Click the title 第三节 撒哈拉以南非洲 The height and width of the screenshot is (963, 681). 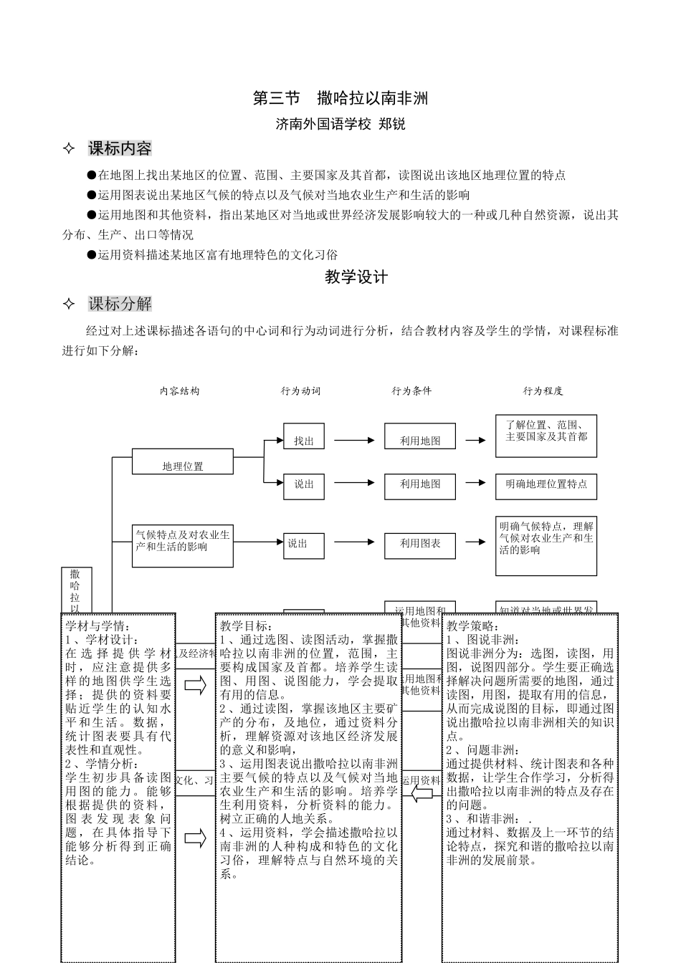click(340, 99)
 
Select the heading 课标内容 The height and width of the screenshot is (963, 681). click(120, 149)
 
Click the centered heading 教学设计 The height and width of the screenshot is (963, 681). click(356, 277)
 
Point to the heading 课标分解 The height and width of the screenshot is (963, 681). click(120, 304)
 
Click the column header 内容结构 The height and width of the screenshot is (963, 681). click(179, 391)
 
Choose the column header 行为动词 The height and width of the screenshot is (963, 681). click(300, 391)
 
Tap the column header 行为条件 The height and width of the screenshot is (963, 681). click(411, 391)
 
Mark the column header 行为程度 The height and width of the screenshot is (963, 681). click(543, 391)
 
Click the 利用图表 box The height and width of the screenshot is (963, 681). click(420, 544)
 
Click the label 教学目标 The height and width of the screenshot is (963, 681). click(245, 626)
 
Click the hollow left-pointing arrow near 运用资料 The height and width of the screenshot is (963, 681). click(422, 795)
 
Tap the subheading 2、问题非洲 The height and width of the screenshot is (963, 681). click(483, 750)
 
